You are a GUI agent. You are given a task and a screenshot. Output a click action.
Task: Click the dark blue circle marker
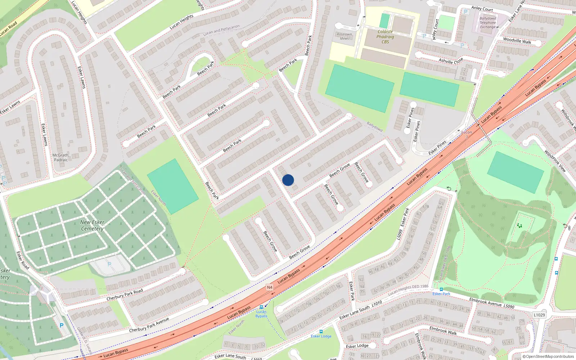coord(288,180)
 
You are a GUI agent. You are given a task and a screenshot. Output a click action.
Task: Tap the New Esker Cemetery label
coord(92,225)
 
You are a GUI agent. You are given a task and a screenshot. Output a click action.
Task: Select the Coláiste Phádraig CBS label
coord(385,37)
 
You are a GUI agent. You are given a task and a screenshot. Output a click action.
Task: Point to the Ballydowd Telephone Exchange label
coord(488,23)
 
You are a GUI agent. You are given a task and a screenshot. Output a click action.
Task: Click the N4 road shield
coord(270,287)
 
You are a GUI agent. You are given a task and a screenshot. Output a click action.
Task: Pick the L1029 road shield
coord(539,315)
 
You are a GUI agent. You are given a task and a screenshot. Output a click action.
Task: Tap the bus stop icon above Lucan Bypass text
coord(261,307)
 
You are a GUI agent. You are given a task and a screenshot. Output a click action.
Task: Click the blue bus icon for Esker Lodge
coord(321,332)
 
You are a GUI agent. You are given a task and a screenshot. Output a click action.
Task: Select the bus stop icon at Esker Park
coord(441,289)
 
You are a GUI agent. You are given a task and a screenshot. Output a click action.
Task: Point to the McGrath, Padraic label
coord(61,158)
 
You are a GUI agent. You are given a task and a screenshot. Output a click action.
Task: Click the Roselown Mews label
coord(345,36)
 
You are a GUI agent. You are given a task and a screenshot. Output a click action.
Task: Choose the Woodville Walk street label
coord(517,41)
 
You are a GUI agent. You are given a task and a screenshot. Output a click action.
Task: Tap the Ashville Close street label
coord(451,61)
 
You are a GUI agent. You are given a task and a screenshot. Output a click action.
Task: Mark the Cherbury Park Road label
coord(125,295)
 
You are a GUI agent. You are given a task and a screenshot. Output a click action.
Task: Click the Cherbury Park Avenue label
coord(149,325)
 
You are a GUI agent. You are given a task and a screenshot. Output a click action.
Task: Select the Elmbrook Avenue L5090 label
coord(491,303)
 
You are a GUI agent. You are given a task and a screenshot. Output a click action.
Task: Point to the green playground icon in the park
coord(519,226)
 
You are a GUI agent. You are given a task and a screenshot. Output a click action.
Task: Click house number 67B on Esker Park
coord(426,207)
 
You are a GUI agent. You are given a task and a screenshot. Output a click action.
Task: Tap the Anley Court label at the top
coord(482,9)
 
